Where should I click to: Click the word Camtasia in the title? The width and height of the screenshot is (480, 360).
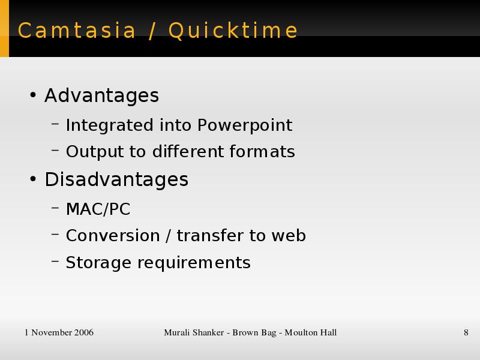[x=77, y=31]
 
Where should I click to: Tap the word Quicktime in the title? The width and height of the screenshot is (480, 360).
[x=233, y=31]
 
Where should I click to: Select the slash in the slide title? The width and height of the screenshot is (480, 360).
[x=152, y=31]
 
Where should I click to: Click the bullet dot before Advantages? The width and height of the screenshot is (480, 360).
[x=33, y=95]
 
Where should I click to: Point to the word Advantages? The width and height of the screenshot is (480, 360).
[x=101, y=95]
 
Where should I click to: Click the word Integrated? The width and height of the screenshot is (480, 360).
[x=109, y=125]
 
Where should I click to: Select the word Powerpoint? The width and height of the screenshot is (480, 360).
[x=245, y=125]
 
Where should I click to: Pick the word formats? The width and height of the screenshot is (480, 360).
[x=262, y=152]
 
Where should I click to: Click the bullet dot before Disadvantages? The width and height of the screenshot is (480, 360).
[x=33, y=179]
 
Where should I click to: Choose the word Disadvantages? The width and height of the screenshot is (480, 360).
[x=116, y=179]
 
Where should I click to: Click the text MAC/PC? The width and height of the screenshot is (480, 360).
[x=98, y=209]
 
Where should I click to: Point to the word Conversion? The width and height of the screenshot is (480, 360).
[x=113, y=236]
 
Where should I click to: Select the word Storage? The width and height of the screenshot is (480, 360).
[x=98, y=263]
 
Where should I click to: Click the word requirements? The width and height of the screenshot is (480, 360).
[x=194, y=263]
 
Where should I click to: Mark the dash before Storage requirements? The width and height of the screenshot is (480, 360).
[x=55, y=261]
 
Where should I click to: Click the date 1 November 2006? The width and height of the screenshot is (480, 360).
[x=59, y=332]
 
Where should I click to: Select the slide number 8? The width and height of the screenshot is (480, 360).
[x=466, y=332]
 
